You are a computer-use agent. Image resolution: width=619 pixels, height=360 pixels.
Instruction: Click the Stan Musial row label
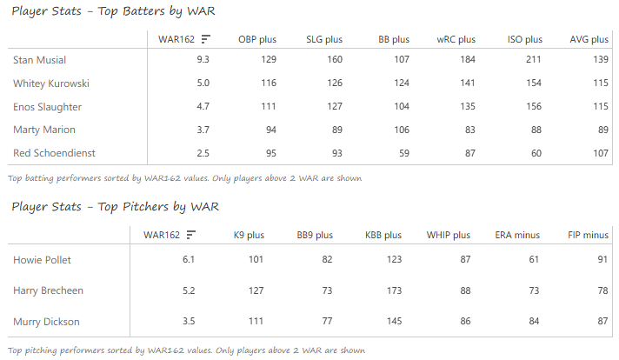(x=40, y=60)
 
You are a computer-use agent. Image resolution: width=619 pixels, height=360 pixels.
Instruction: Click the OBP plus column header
(x=256, y=39)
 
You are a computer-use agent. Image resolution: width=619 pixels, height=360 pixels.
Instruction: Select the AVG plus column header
(x=589, y=39)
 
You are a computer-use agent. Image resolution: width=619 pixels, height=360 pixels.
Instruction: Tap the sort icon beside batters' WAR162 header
(x=205, y=39)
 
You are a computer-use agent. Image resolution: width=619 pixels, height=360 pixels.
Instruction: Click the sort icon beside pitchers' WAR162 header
(x=190, y=235)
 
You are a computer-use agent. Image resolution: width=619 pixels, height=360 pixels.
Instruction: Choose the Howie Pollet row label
(x=43, y=260)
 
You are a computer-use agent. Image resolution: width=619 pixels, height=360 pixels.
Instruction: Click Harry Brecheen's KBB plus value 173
(x=393, y=290)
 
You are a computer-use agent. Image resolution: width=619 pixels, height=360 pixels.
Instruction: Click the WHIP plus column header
(x=448, y=235)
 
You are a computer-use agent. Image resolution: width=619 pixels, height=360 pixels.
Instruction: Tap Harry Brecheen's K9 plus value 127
(x=254, y=290)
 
